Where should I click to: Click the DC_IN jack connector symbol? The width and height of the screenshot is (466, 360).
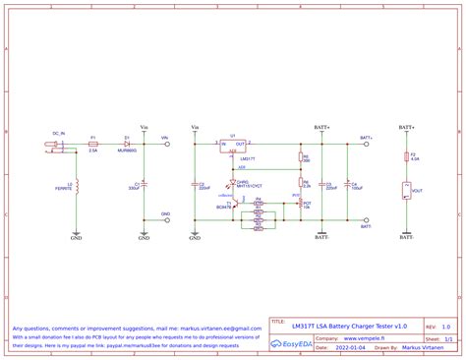tap(55, 148)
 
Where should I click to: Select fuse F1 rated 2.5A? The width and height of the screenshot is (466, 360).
tap(92, 144)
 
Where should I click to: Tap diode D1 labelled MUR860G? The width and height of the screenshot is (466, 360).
tap(127, 144)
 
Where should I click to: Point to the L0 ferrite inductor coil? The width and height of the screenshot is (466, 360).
tap(77, 187)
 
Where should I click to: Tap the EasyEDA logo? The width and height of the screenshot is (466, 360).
tap(292, 342)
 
